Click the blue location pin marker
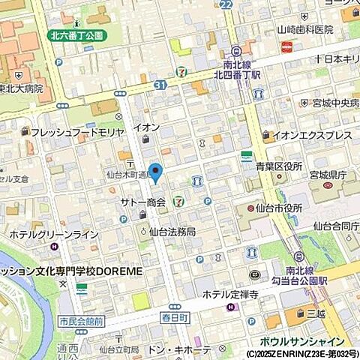point(155,172)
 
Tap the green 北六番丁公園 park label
point(77,35)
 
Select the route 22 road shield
point(227,4)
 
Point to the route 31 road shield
point(159,85)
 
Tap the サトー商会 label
point(138,203)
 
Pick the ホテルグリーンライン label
point(54,235)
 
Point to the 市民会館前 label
point(81,321)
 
